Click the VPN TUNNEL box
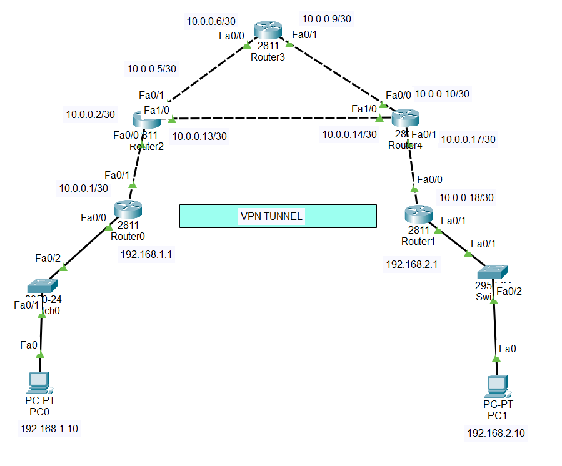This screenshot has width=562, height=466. (278, 216)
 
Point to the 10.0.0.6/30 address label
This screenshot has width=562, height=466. (212, 22)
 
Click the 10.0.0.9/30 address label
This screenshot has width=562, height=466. (326, 19)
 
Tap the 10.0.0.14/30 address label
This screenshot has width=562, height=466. (349, 134)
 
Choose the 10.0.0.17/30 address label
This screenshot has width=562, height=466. (468, 139)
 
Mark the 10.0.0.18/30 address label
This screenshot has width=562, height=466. (466, 197)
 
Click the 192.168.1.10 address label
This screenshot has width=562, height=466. (49, 429)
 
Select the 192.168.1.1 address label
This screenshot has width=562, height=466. (146, 254)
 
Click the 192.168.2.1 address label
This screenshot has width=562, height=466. (411, 264)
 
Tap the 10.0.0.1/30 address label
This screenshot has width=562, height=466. (84, 187)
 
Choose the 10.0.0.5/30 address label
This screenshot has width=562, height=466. (151, 69)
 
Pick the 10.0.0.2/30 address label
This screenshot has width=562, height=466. (90, 114)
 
